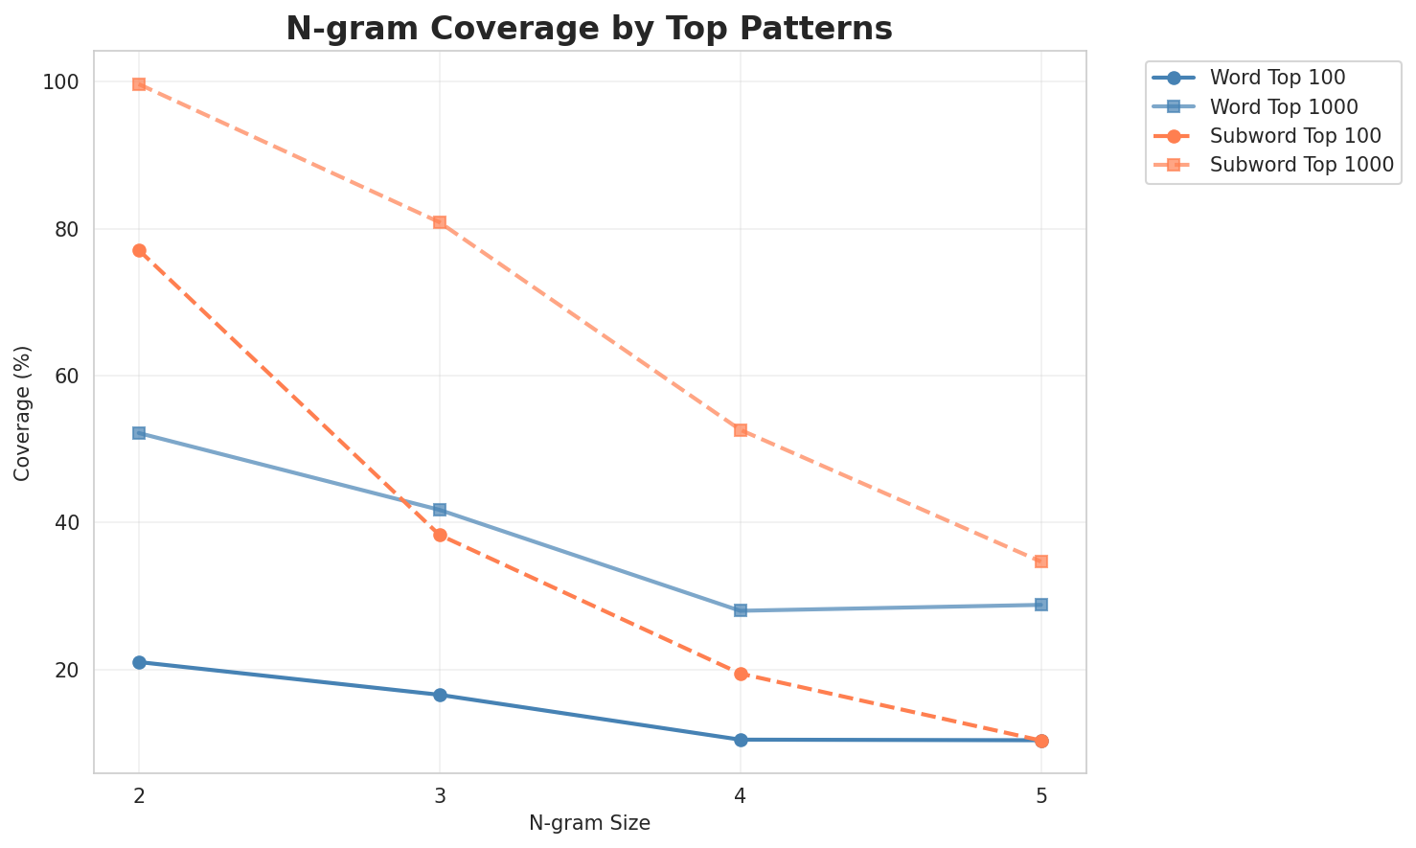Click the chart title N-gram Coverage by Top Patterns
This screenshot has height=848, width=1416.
point(589,28)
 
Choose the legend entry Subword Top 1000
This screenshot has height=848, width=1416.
point(1300,164)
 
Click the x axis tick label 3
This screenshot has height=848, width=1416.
point(440,795)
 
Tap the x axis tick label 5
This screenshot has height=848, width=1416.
point(1041,795)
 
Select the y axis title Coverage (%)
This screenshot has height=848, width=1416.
point(22,413)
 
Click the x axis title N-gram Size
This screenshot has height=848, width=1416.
point(589,823)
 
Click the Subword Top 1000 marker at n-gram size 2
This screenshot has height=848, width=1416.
point(139,84)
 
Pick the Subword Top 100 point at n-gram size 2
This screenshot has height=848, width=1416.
point(139,250)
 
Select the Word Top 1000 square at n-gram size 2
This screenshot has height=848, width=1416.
point(139,433)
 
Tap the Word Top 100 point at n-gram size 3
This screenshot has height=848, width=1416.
point(440,695)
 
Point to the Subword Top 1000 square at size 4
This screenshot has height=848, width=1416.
point(741,430)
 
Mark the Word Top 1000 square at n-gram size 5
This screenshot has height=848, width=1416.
point(1041,605)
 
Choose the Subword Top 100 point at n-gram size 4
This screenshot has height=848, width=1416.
point(741,674)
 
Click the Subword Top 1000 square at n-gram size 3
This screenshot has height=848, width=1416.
point(440,222)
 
